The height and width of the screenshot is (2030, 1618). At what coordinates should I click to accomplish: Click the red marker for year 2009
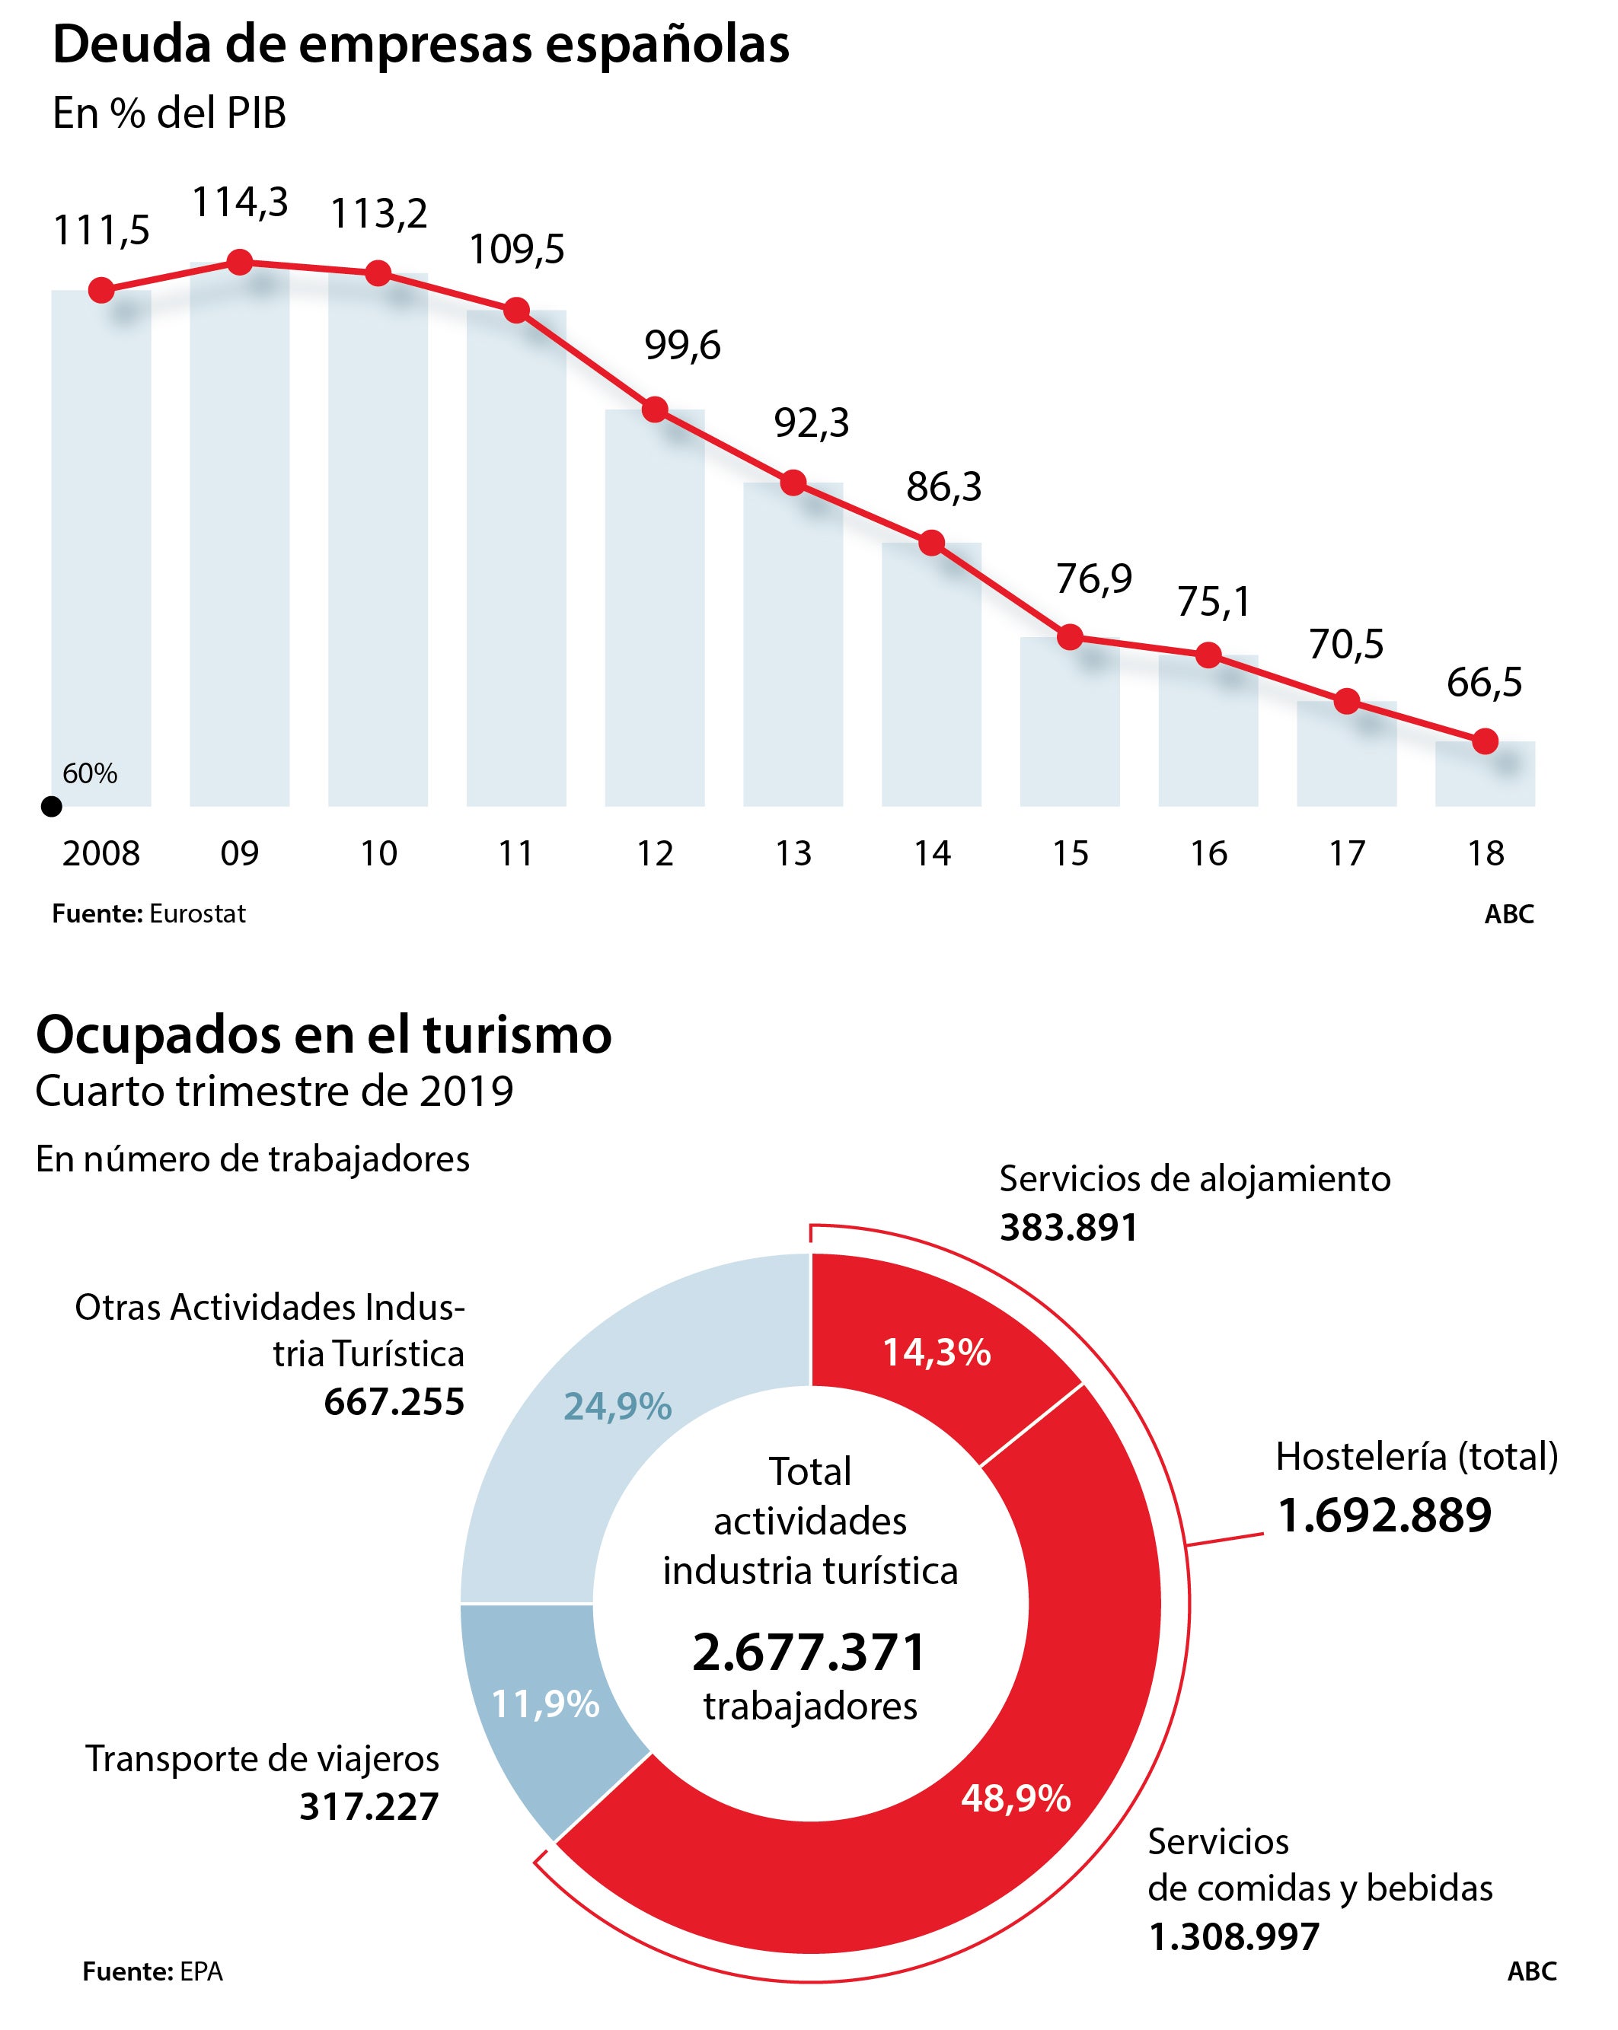(x=240, y=262)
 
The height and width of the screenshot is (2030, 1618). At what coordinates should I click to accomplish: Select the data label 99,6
(x=682, y=346)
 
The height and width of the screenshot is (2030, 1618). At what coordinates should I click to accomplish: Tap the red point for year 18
(x=1484, y=741)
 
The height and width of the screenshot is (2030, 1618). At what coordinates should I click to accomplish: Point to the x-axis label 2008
(x=101, y=853)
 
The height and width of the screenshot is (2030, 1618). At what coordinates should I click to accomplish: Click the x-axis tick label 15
(x=1070, y=853)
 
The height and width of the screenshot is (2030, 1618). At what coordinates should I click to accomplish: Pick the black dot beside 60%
(x=53, y=806)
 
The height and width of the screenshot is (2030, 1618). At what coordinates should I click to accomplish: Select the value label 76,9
(x=1093, y=578)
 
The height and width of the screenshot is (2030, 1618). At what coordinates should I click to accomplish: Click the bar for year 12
(x=655, y=612)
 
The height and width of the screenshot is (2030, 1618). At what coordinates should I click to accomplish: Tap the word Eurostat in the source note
(x=197, y=913)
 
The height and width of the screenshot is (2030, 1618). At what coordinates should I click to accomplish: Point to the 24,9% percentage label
(x=617, y=1407)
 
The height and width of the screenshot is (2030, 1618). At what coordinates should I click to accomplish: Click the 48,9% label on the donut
(x=1015, y=1799)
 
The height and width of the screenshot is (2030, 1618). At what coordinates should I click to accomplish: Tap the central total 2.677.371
(x=809, y=1652)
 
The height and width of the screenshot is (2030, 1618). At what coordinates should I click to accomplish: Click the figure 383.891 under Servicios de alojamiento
(x=1068, y=1227)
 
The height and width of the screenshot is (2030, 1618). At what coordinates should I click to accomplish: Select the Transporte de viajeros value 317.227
(x=369, y=1806)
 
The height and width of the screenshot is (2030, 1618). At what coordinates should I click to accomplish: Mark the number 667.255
(x=394, y=1402)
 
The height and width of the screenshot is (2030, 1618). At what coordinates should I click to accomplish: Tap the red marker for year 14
(x=931, y=543)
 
